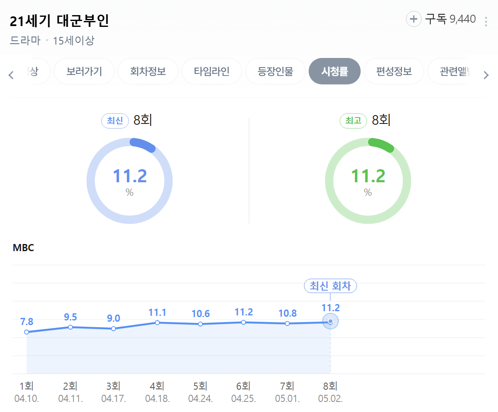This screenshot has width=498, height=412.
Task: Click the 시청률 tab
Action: (x=334, y=71)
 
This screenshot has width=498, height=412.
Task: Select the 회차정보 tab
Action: (x=148, y=71)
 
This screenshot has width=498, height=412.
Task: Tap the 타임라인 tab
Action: (x=212, y=71)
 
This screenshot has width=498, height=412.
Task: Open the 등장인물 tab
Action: (x=275, y=71)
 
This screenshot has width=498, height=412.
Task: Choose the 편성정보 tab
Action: (x=394, y=71)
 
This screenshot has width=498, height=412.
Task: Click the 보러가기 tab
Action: (x=84, y=71)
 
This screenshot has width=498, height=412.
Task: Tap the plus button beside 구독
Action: (x=414, y=19)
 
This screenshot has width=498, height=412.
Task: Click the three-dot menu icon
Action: (x=486, y=21)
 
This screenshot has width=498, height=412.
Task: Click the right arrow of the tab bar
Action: (x=486, y=75)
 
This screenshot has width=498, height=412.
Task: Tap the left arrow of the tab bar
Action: (x=11, y=75)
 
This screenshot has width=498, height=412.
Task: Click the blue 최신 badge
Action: (x=115, y=121)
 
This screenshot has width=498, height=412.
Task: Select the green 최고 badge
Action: (x=354, y=121)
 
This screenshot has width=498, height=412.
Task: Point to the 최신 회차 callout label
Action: (x=330, y=286)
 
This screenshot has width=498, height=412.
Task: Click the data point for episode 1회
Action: (x=27, y=332)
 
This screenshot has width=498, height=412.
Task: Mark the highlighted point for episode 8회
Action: (x=330, y=321)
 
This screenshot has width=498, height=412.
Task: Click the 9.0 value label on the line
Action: (x=113, y=318)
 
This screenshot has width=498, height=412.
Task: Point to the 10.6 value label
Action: (x=200, y=314)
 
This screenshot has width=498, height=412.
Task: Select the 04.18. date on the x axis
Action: (x=157, y=398)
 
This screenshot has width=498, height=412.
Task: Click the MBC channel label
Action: (x=23, y=248)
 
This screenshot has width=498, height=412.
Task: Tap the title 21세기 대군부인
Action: (x=59, y=21)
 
